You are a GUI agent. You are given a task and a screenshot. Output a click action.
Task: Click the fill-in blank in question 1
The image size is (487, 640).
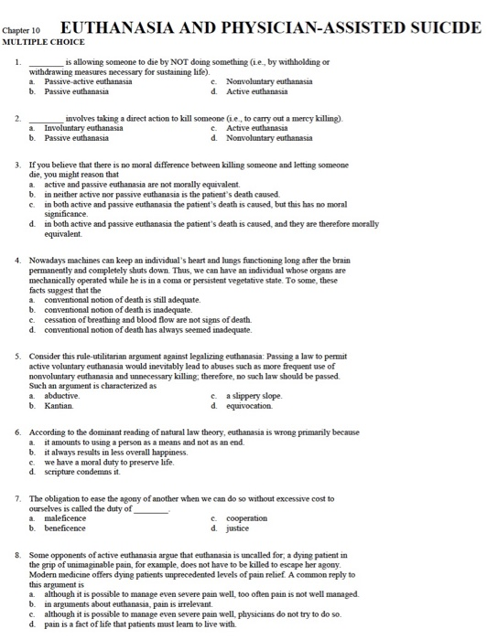[47, 61]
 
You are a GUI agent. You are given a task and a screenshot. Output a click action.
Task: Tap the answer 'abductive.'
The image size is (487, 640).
[61, 396]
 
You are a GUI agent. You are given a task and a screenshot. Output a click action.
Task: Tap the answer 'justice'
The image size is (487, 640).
[237, 528]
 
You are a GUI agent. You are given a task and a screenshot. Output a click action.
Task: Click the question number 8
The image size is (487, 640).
[18, 554]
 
